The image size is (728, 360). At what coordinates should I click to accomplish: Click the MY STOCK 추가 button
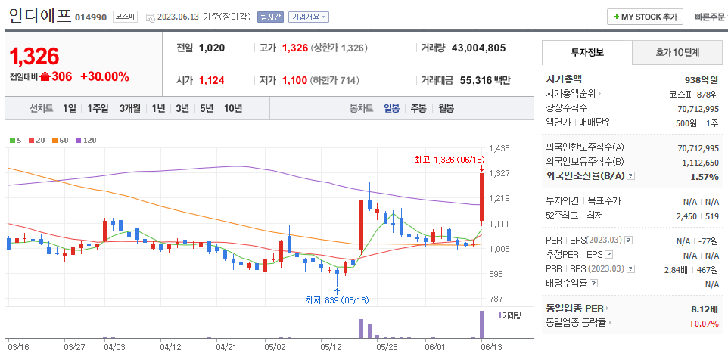645,17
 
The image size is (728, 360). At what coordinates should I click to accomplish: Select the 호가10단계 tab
677,53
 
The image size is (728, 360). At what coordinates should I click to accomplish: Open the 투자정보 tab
587,53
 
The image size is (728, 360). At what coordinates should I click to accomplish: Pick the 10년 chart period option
232,108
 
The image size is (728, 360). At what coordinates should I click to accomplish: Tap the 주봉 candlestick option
418,108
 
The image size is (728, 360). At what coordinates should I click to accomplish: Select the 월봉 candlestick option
446,108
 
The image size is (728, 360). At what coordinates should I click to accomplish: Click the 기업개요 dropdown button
309,17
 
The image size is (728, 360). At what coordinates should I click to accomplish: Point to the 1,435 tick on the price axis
499,148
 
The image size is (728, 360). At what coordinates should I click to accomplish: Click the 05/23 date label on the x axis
387,347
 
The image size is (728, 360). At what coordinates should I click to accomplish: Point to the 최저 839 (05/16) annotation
337,300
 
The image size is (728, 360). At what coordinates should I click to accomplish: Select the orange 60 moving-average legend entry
61,140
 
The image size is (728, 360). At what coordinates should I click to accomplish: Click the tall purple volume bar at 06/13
481,324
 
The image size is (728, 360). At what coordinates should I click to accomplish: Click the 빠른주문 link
709,17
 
